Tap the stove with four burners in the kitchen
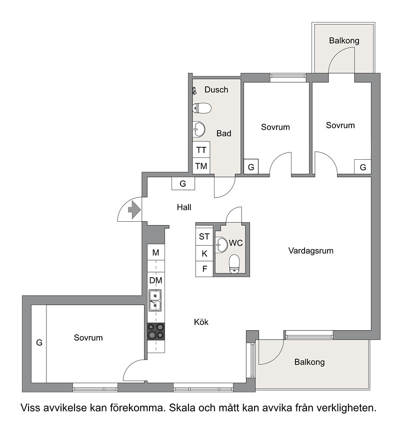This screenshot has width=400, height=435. [156, 331]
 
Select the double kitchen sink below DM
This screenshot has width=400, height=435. [155, 300]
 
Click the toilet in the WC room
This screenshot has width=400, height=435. [234, 264]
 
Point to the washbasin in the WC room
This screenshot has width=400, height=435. [221, 245]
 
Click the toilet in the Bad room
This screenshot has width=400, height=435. [202, 108]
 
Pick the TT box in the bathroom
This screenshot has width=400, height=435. [201, 150]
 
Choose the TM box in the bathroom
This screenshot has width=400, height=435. [201, 166]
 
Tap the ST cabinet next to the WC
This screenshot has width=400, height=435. [204, 237]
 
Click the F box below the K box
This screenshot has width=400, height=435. [204, 269]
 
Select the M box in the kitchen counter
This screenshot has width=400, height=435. [156, 252]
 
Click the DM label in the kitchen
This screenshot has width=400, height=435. [156, 281]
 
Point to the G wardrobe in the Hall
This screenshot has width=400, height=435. [183, 183]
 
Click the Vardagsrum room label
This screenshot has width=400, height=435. [311, 251]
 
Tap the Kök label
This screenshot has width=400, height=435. [201, 322]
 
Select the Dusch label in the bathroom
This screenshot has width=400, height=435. [216, 89]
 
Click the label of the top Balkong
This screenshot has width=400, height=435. [344, 41]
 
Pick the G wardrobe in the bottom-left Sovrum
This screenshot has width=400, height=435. [39, 344]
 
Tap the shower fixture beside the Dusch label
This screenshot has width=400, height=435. [194, 91]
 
